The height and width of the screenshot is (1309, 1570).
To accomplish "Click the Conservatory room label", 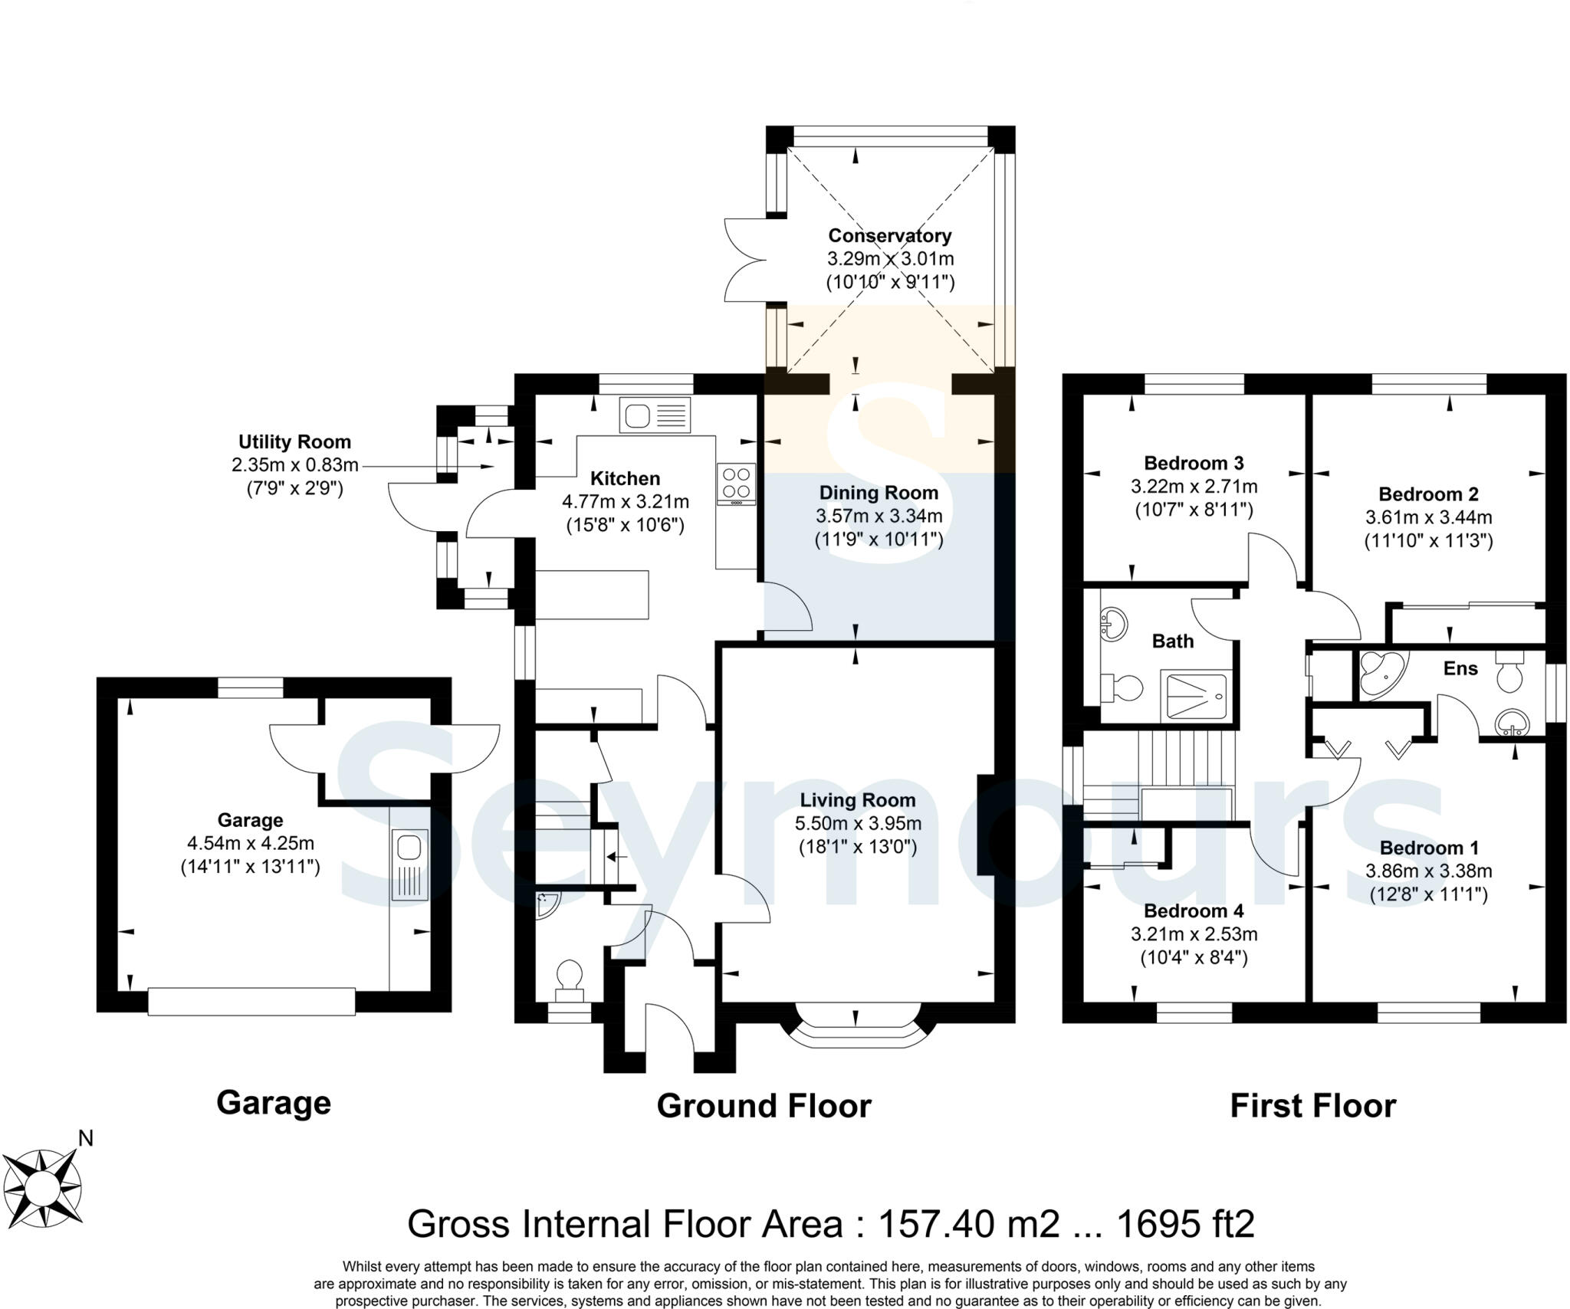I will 889,236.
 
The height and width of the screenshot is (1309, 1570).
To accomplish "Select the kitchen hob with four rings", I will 736,484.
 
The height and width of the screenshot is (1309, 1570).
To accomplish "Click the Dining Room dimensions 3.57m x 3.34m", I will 879,517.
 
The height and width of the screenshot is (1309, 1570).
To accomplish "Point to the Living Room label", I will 857,800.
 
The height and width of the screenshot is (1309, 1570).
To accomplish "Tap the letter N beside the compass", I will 85,1138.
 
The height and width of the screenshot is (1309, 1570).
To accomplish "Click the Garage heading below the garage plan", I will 273,1103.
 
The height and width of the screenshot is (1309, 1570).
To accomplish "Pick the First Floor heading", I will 1312,1106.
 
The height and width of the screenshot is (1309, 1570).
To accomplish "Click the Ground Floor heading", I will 764,1106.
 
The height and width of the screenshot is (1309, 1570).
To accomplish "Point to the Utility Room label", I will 294,442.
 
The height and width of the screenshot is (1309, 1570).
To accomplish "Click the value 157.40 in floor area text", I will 929,1224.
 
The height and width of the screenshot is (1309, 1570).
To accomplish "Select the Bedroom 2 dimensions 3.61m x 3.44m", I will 1427,517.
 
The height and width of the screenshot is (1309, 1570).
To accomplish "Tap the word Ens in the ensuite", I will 1460,668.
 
